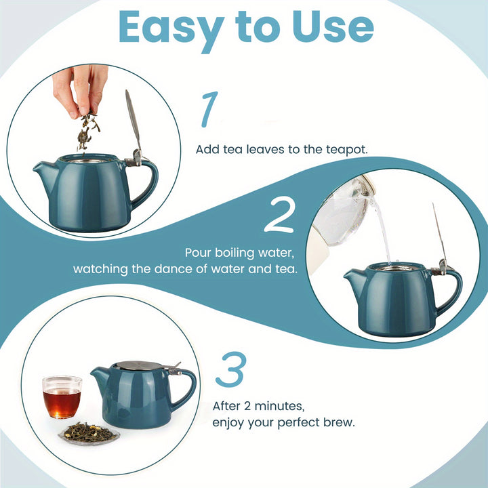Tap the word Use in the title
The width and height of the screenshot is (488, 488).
pos(333,27)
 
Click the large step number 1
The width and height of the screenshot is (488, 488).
pos(209,109)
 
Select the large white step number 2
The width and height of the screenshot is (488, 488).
pos(279,215)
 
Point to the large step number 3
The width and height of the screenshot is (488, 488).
pos(231,369)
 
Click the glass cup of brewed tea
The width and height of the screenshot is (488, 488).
pos(62,397)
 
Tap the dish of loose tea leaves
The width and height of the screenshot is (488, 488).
pos(89,433)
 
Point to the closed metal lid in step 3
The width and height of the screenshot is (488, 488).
pos(137,365)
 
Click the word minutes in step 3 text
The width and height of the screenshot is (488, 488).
pos(278,406)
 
